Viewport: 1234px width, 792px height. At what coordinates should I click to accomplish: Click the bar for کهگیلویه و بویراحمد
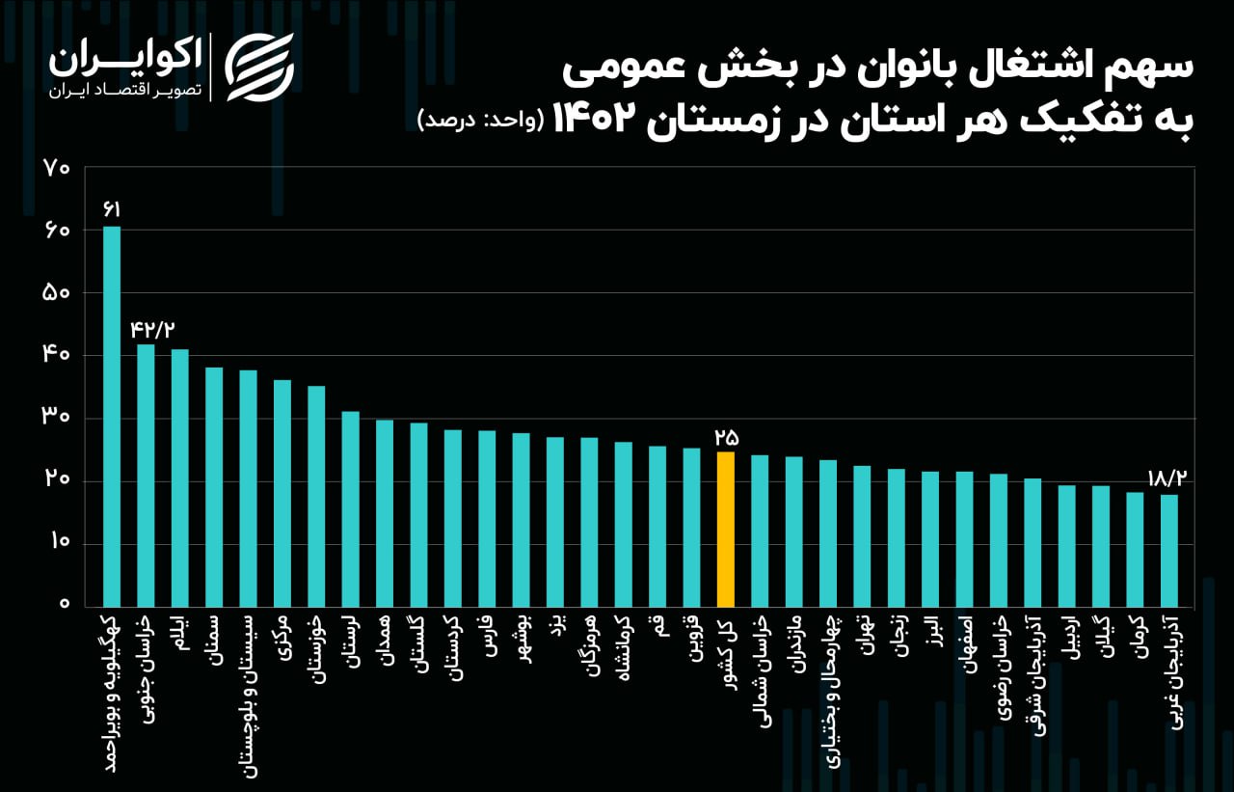click(x=112, y=415)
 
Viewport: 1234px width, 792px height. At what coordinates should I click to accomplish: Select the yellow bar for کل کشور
click(x=725, y=529)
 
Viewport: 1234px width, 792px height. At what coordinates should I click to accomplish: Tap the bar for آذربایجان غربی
click(x=1168, y=550)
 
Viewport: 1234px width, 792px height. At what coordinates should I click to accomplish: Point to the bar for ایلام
click(x=179, y=477)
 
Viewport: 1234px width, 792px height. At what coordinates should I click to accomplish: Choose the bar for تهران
click(x=862, y=535)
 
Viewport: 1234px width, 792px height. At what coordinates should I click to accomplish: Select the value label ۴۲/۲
click(x=152, y=329)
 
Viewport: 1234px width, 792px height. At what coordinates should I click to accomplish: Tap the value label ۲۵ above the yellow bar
click(x=725, y=436)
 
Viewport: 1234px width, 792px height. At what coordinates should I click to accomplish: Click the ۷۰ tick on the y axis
click(x=57, y=168)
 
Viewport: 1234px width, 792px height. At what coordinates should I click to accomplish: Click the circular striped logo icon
click(x=259, y=67)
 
